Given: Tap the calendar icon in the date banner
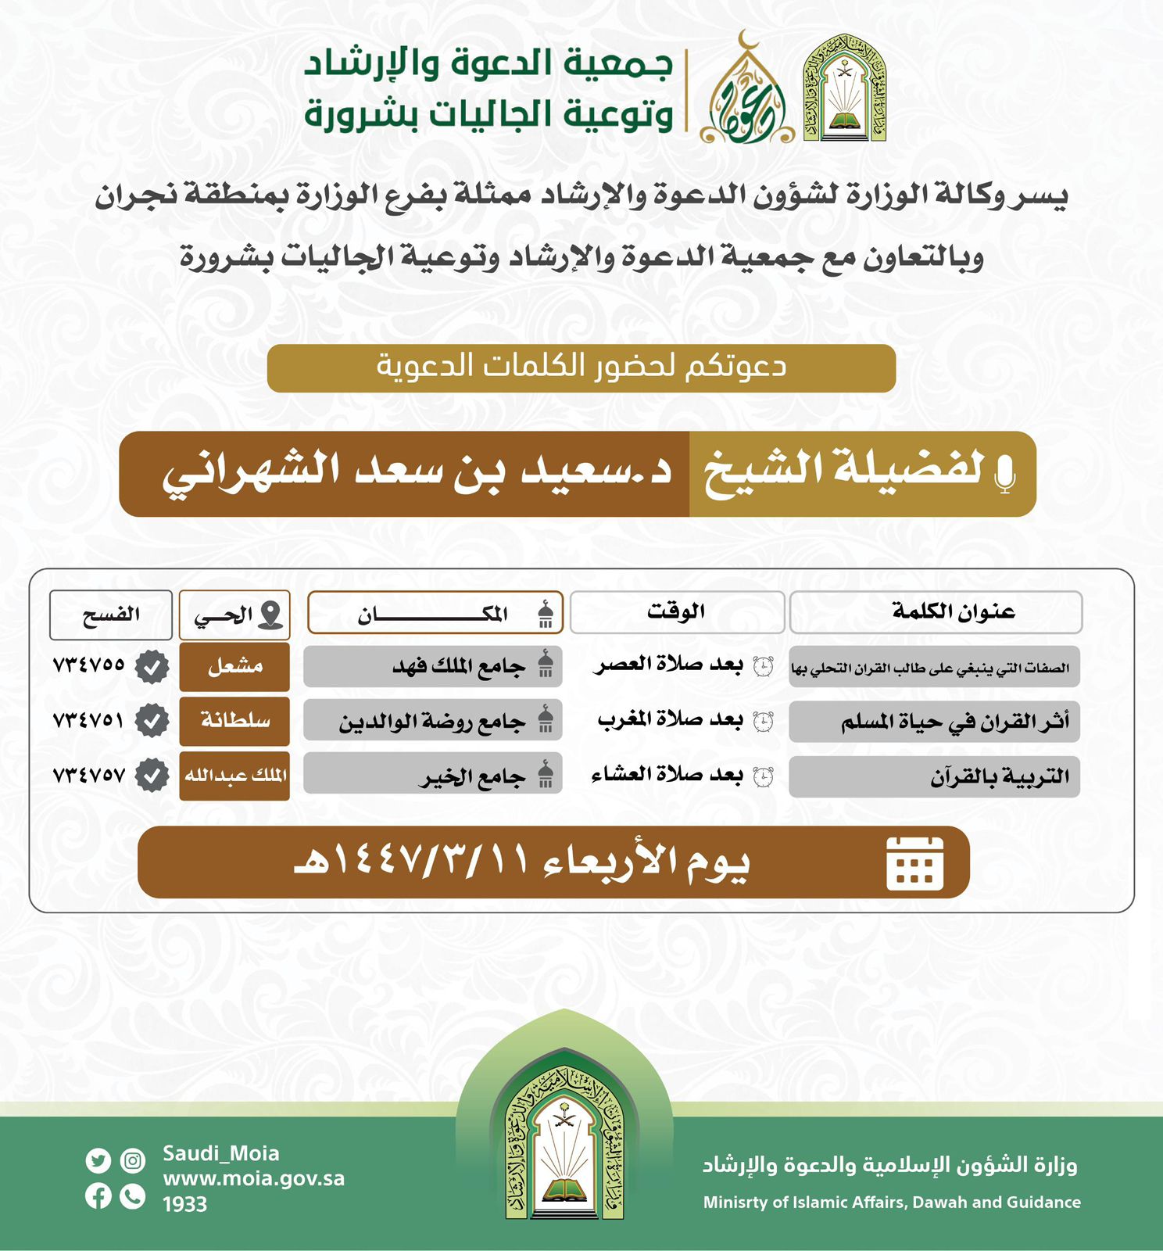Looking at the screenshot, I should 914,863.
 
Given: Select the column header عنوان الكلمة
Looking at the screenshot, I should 936,612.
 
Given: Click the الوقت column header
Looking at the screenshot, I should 677,612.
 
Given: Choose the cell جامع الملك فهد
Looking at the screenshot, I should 433,667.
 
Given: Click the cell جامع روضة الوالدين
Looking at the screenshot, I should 433,722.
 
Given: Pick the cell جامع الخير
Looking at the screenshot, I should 433,776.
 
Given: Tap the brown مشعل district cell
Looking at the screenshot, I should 234,667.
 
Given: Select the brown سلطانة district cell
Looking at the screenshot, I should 234,721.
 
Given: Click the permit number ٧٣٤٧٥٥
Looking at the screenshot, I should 88,665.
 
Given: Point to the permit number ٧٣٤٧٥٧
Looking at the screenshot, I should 88,776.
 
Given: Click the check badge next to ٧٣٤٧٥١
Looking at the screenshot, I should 152,721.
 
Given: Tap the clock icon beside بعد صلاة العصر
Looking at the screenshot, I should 763,667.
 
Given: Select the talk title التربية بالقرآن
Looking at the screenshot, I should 999,777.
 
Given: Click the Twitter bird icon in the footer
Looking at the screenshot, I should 98,1161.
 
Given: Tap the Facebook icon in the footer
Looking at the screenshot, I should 98,1196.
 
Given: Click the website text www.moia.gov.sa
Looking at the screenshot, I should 253,1179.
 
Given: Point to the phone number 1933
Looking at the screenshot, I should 184,1204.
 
